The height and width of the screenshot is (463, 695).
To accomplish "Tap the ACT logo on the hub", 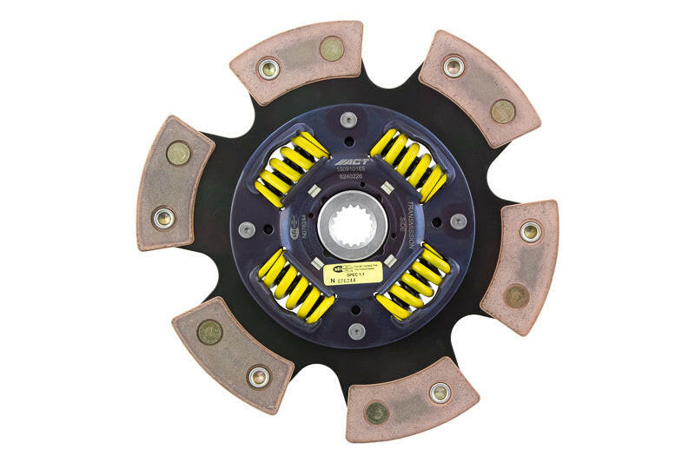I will coord(361,162).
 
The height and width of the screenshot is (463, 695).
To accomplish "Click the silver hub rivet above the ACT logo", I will coord(348,120).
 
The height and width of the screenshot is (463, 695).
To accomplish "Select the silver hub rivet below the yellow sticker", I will coord(356,331).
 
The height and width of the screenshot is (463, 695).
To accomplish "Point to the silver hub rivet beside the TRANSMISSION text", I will coord(458,222).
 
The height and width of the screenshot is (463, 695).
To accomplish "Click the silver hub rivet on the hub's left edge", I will coord(248,228).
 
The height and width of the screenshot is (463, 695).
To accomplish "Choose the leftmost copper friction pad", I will coord(174,182).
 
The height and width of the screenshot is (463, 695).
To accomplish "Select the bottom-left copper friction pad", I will coord(230,352).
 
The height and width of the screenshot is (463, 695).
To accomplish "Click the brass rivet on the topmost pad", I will coord(331,48).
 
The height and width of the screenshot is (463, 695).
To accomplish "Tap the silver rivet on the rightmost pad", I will coord(530,232).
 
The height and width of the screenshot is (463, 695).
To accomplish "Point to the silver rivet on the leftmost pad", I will coord(162,217).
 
